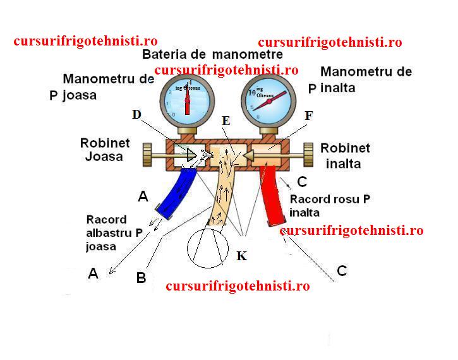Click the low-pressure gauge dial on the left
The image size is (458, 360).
click(x=188, y=100)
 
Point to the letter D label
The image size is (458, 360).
click(x=136, y=115)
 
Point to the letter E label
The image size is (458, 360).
click(x=227, y=120)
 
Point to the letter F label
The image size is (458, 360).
click(x=309, y=116)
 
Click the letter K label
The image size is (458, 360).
click(x=241, y=256)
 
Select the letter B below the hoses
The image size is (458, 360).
click(x=142, y=277)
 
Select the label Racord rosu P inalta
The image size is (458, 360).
click(x=328, y=205)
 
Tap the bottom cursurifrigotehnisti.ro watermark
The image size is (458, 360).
click(x=238, y=285)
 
